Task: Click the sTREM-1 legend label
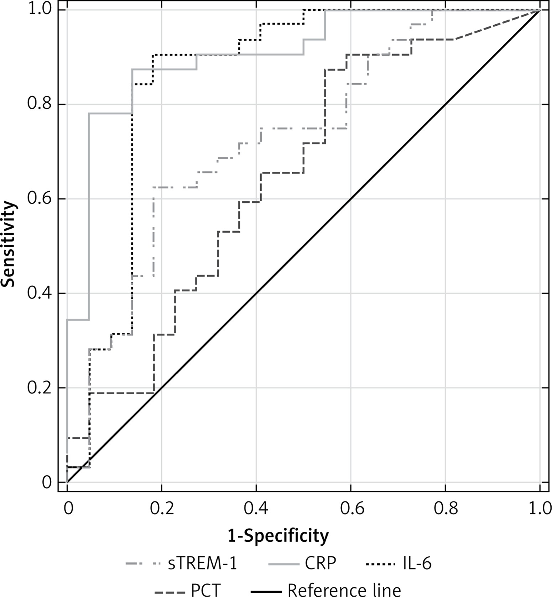pos(202,564)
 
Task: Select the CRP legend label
pos(320,564)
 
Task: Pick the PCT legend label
pos(206,590)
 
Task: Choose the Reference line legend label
pos(344,590)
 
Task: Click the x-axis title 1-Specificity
pos(278,535)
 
